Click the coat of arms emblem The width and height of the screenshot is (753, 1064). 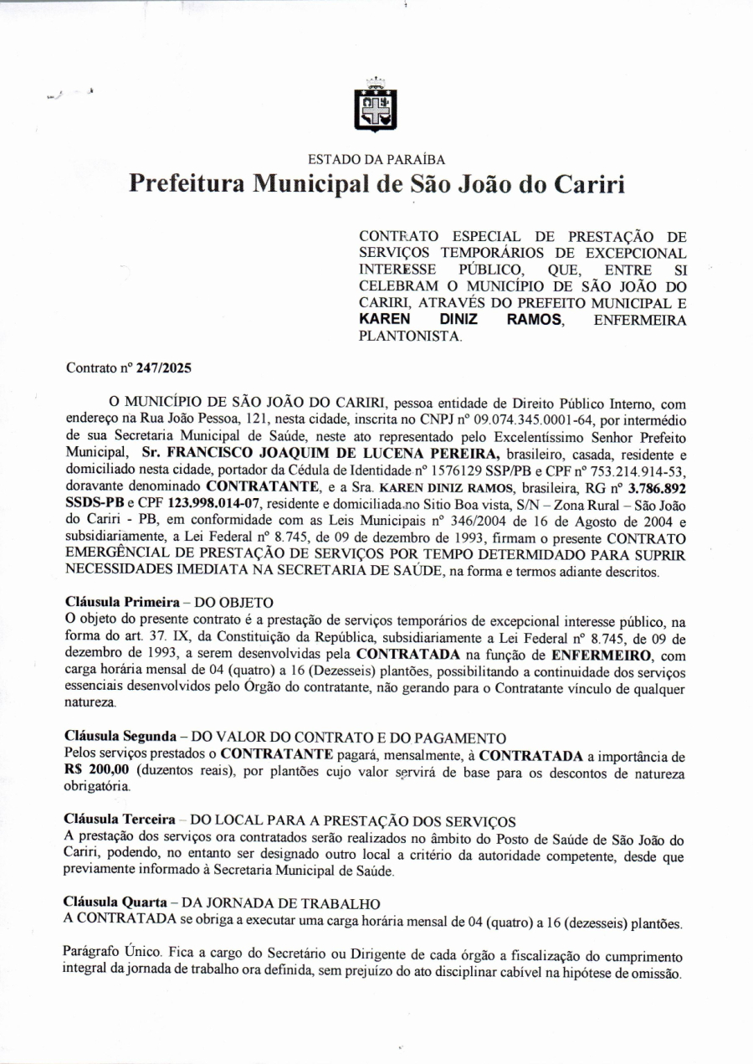tap(376, 108)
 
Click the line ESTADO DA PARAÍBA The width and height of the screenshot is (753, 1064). tap(376, 159)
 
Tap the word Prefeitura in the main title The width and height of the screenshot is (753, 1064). tap(186, 183)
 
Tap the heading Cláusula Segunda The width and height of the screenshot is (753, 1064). tap(120, 737)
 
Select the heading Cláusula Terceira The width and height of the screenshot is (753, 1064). tap(120, 818)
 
